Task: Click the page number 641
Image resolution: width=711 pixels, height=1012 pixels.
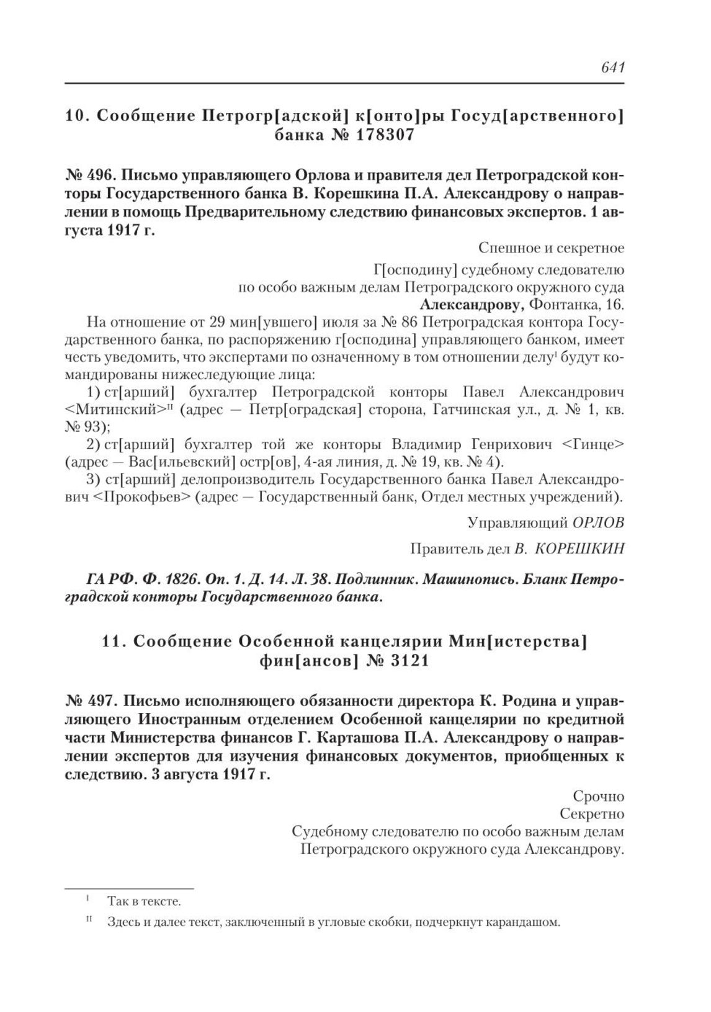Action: pyautogui.click(x=612, y=68)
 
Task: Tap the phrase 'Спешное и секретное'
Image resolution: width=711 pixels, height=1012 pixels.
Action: pyautogui.click(x=551, y=248)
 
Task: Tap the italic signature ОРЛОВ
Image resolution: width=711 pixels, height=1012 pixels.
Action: pyautogui.click(x=598, y=522)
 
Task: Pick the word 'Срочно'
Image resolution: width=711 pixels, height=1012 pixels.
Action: pyautogui.click(x=599, y=796)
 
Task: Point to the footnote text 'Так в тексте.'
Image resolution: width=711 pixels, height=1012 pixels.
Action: pyautogui.click(x=144, y=901)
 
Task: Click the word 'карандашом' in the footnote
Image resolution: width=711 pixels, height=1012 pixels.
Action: pyautogui.click(x=522, y=922)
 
